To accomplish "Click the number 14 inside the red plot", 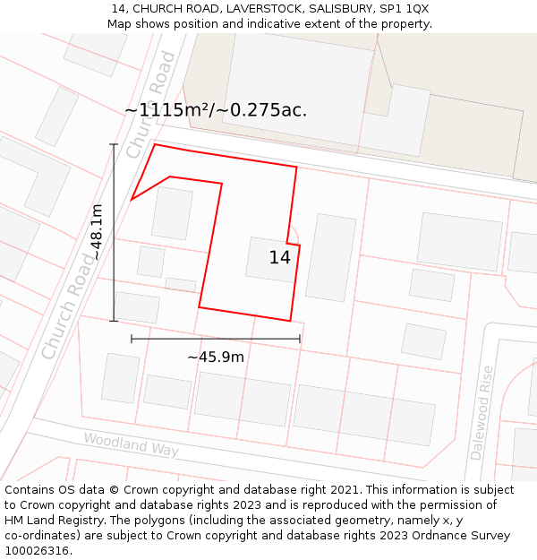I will coord(280,258).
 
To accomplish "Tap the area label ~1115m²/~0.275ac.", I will coord(216,110).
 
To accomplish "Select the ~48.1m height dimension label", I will coord(97,232).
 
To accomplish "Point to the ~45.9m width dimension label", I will coord(216,357).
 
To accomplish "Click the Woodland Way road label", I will coord(131,444).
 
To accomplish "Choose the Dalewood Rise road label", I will coord(482,412).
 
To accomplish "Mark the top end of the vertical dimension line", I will coord(114,144).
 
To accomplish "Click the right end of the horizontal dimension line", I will coord(300,339).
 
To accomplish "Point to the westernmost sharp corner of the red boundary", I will coord(132,200).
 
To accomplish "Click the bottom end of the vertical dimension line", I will coord(114,320).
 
